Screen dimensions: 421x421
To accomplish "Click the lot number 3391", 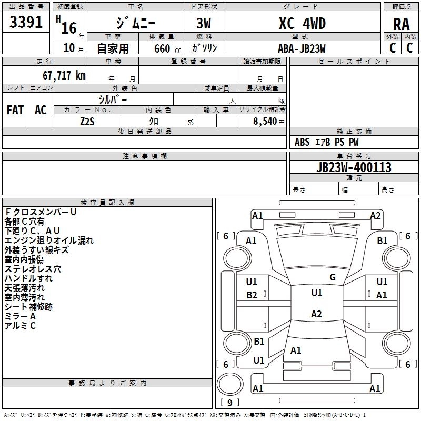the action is tap(26, 22).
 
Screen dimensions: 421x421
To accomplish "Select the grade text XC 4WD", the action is tap(302, 23).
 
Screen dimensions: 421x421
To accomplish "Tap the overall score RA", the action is tap(401, 24).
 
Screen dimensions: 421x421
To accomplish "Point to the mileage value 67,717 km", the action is tap(64, 76).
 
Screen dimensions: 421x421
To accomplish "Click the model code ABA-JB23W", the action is tap(302, 48).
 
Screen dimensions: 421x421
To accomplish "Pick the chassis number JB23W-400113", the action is tap(354, 167).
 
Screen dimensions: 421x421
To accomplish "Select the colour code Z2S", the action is tap(87, 122).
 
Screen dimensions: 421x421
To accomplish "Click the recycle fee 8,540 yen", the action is tap(269, 122).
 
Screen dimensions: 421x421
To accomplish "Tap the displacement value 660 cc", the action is tap(167, 48).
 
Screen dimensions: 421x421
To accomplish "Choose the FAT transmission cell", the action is tap(15, 110).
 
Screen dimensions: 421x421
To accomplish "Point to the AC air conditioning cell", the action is tap(41, 110).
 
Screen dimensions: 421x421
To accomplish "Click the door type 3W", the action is tap(204, 23).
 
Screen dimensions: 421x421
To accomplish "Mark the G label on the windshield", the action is tap(333, 277).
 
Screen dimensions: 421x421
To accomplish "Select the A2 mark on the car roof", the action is tap(316, 314).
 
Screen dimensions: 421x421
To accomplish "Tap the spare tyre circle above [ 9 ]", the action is tap(230, 384).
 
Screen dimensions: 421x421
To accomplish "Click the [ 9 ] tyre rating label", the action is tap(230, 403).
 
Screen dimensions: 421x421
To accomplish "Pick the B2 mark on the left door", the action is tap(252, 295).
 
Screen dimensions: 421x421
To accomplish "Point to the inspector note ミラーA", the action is tap(20, 316).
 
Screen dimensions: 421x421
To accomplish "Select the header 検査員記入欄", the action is tap(107, 203).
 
